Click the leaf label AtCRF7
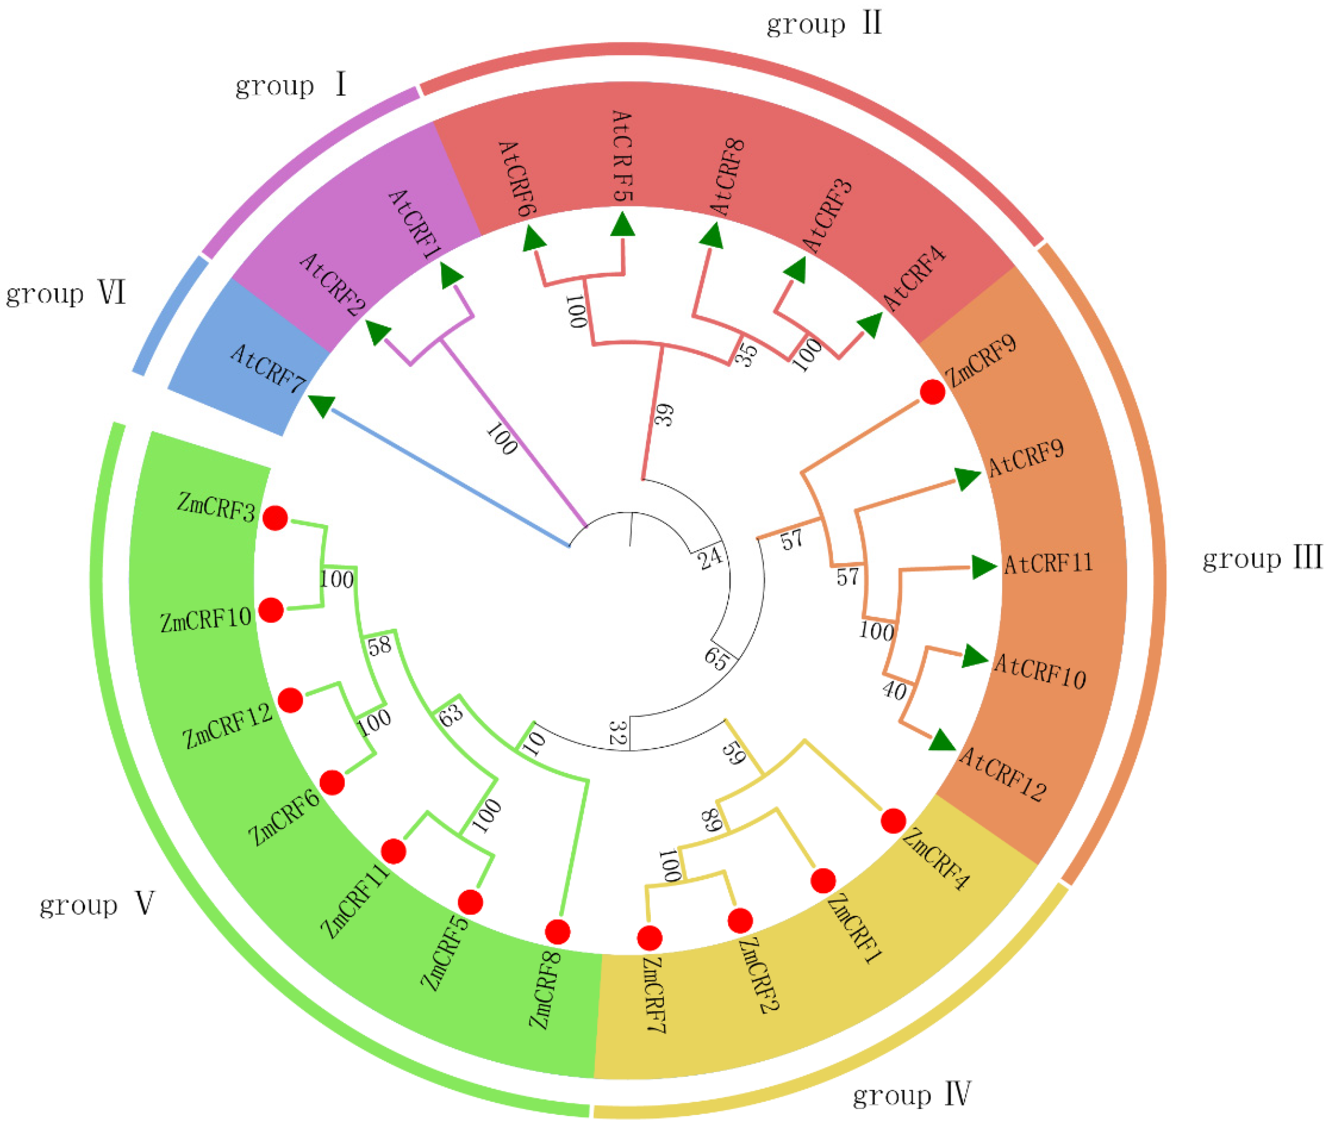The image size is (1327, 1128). point(268,369)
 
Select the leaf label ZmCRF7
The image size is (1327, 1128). point(654,994)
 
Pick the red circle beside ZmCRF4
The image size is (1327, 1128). point(893,821)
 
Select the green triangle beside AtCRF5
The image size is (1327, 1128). point(622,226)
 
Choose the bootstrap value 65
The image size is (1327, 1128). point(716,658)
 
